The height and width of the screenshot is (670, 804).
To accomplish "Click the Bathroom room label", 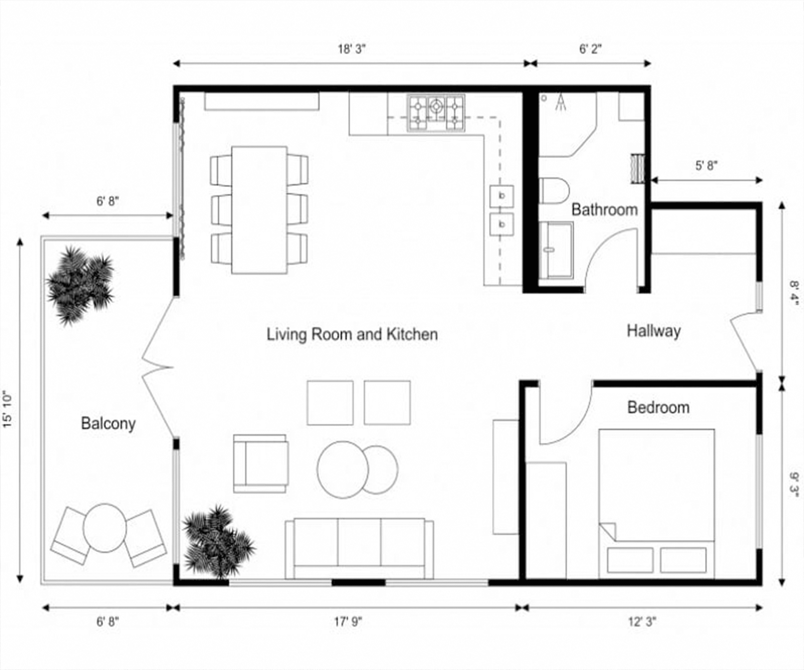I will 604,210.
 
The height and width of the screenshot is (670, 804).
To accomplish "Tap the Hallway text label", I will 654,331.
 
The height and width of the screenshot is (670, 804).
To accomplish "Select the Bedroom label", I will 658,407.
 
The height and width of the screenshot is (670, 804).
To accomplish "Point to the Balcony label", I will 108,424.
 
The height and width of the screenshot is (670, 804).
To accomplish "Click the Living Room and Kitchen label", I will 352,334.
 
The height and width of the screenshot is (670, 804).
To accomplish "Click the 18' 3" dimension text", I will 352,49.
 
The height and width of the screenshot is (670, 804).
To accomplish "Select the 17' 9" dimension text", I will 348,622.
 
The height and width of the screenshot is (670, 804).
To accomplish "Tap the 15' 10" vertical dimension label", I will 8,409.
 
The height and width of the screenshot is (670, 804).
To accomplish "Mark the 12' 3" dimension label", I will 642,622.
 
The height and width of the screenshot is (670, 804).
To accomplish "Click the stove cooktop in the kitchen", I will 436,113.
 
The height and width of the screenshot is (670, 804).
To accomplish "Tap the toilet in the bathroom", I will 554,190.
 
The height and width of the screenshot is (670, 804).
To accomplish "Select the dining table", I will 259,209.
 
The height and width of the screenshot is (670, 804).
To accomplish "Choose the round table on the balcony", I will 105,528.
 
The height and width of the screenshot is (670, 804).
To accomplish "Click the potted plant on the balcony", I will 80,284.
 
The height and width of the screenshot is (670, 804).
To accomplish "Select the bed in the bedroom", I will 657,503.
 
